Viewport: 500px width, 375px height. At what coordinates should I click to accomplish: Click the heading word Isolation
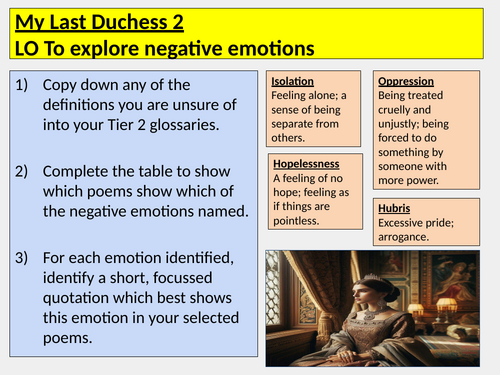293,80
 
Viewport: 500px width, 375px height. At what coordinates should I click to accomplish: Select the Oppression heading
404,80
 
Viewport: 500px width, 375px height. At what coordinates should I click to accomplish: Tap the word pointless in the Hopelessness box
299,219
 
